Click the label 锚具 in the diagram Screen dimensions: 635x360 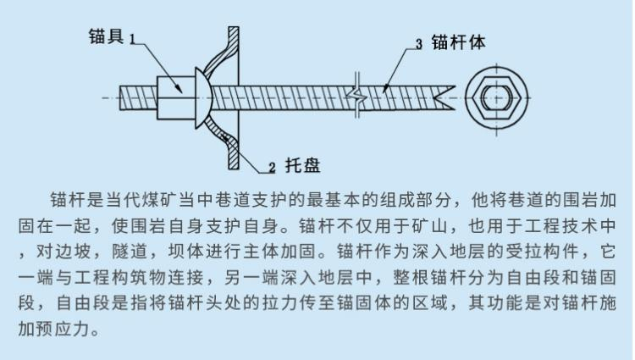pos(106,36)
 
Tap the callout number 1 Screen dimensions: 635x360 pos(132,39)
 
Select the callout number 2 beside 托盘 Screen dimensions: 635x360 pos(272,167)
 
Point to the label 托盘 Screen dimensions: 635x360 pos(302,165)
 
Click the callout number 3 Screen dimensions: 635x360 pos(419,44)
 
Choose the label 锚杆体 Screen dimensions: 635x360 pos(458,42)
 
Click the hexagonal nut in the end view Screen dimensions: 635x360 pos(496,98)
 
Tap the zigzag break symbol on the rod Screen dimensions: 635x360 pos(357,97)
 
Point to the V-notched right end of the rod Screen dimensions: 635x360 pos(444,98)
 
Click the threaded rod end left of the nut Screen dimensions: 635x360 pos(139,97)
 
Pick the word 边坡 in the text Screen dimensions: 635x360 pos(74,252)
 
